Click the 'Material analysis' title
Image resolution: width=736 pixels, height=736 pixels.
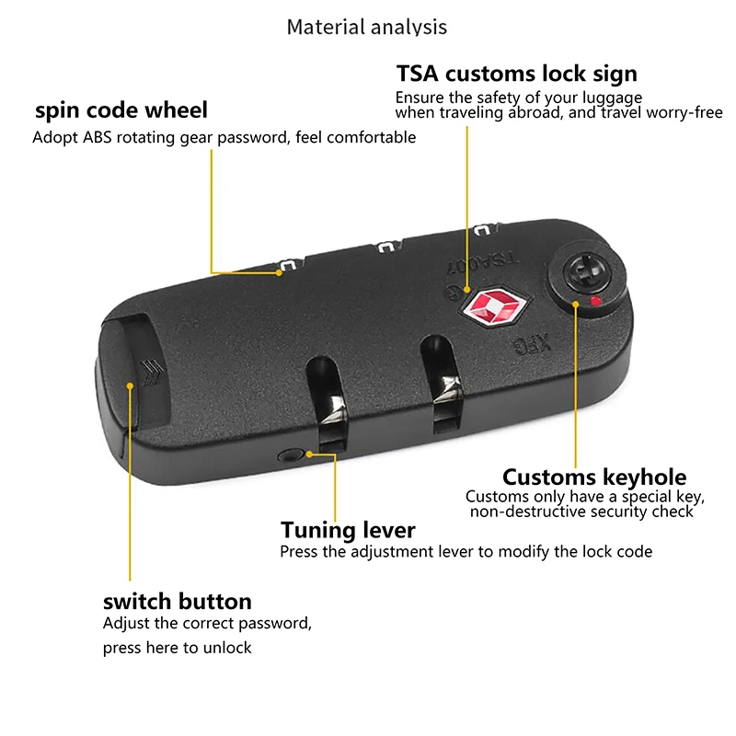[x=366, y=28]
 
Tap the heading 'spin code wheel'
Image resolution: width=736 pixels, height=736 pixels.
[x=121, y=110]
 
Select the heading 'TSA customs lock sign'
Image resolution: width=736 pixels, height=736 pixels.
[x=517, y=74]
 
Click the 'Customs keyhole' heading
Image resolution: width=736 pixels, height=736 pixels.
[x=594, y=477]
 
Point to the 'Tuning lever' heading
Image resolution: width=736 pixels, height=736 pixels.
[x=348, y=531]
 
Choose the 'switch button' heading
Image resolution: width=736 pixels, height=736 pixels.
[x=178, y=602]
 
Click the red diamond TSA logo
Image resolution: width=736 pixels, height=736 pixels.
[x=496, y=307]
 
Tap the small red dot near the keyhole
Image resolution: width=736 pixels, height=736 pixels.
[x=595, y=301]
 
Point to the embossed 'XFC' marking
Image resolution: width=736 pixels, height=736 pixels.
[x=532, y=345]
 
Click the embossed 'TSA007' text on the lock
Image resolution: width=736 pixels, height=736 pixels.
[x=482, y=264]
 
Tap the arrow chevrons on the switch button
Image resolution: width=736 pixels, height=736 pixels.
[x=153, y=372]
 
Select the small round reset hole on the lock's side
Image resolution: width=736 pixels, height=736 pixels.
[x=289, y=454]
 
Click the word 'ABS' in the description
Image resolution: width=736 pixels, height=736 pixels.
[x=98, y=137]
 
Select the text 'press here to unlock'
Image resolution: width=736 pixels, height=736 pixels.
[x=178, y=648]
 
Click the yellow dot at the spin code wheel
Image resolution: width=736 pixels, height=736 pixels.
[x=279, y=272]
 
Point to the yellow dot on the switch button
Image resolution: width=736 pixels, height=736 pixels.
[x=130, y=385]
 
